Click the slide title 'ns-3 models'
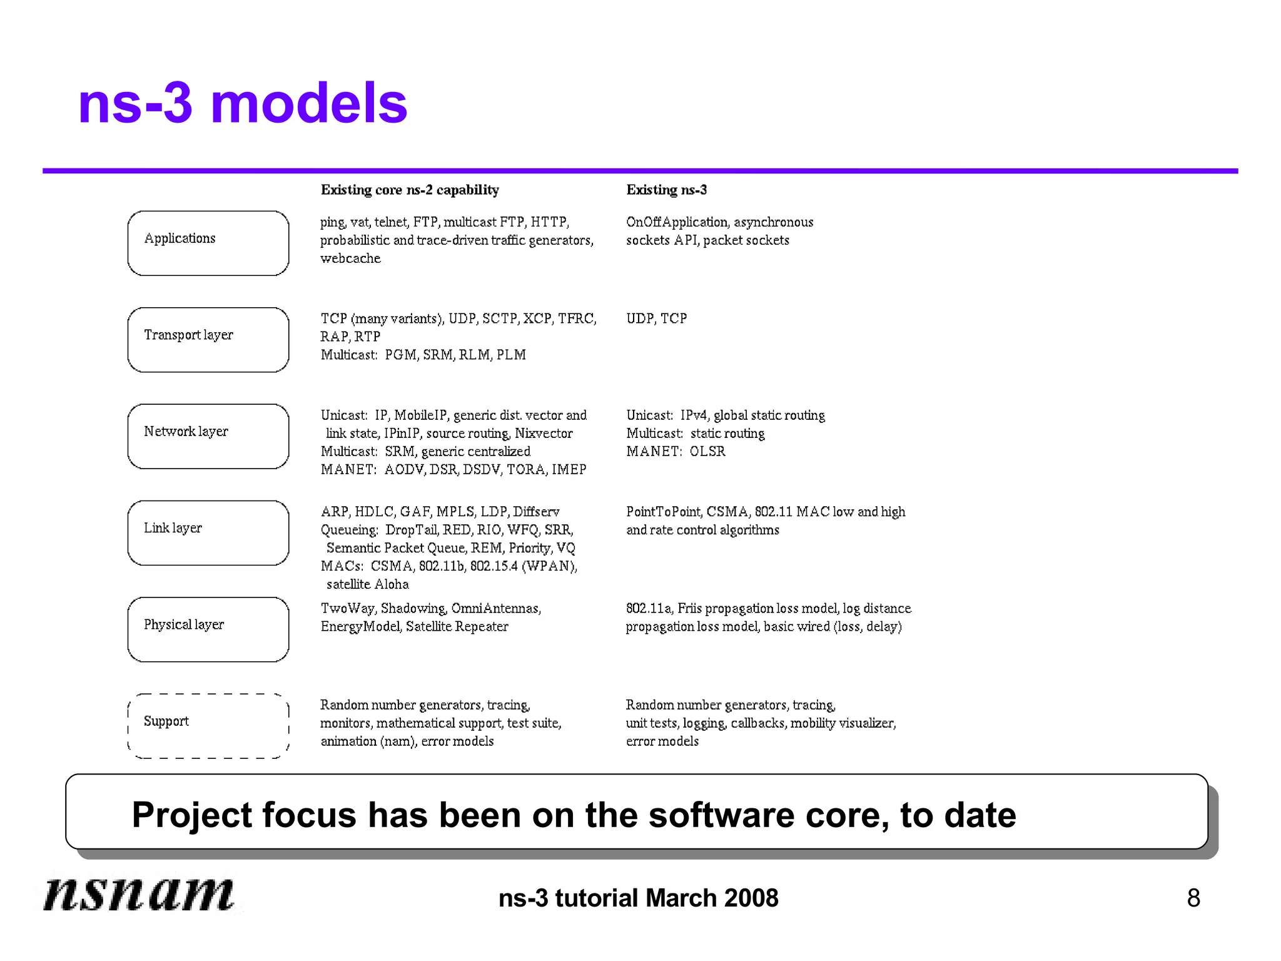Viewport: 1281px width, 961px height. tap(243, 103)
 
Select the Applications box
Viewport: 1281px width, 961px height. tap(208, 243)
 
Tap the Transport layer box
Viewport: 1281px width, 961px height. tap(208, 340)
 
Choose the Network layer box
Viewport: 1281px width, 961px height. tap(208, 436)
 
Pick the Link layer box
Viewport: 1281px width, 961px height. tap(208, 533)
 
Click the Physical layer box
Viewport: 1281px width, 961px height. tap(208, 629)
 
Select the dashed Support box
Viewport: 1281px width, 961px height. tap(208, 726)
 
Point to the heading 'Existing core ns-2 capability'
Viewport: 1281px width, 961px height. tap(410, 190)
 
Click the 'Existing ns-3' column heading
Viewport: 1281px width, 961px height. tap(666, 190)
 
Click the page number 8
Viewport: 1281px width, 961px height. tap(1193, 898)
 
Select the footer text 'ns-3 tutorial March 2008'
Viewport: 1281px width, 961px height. tap(638, 898)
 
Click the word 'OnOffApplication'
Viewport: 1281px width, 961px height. tap(677, 222)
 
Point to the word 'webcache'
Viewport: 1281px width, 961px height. tap(350, 258)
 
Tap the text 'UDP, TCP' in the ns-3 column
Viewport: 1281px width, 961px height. tap(656, 318)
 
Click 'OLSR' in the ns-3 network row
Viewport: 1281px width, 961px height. tap(707, 451)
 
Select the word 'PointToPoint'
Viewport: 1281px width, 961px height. tap(663, 512)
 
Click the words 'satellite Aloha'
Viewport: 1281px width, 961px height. tap(367, 584)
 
